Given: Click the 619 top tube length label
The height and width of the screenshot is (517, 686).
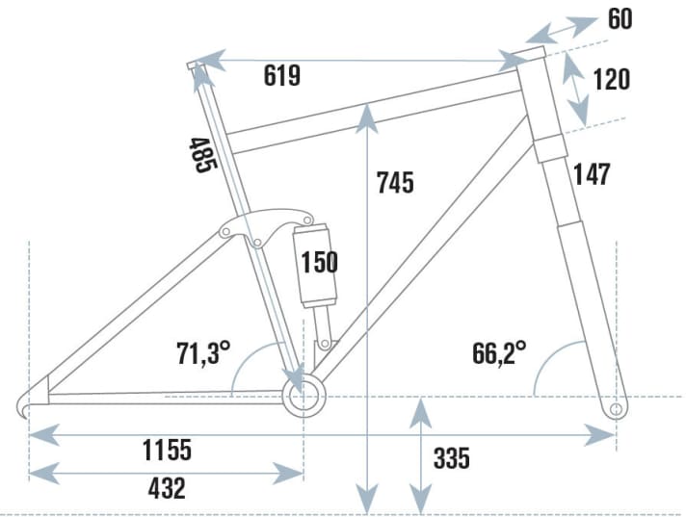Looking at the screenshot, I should [x=282, y=76].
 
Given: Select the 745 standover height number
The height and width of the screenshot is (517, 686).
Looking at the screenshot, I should [x=395, y=182].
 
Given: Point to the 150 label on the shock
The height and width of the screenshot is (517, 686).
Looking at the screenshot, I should [x=319, y=262].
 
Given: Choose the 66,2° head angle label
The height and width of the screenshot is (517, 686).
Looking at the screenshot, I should [x=499, y=352].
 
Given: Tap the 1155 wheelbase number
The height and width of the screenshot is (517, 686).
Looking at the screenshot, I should [x=168, y=449].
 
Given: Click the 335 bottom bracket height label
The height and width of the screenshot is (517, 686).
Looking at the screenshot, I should [x=451, y=458].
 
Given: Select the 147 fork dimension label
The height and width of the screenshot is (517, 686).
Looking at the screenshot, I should [x=592, y=174].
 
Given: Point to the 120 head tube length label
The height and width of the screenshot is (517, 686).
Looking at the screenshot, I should [x=612, y=79].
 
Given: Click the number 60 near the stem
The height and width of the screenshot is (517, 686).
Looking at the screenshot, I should [x=620, y=18].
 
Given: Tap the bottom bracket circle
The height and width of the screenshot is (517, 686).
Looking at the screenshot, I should [x=303, y=395].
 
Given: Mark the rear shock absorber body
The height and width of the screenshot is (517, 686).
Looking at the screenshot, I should [x=316, y=265].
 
